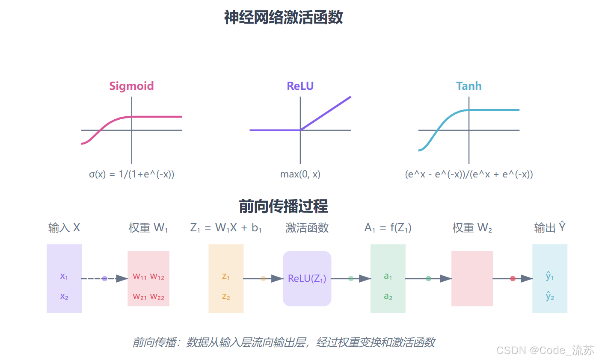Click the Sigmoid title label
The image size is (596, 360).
tap(131, 86)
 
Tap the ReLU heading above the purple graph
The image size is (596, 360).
tap(300, 86)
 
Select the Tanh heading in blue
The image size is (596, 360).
tap(468, 86)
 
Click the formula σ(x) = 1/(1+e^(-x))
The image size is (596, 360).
tap(131, 174)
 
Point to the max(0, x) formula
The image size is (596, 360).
tap(300, 174)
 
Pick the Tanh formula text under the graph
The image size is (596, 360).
tap(469, 174)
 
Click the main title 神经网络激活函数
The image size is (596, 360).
tap(283, 18)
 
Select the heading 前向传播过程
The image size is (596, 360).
tap(283, 206)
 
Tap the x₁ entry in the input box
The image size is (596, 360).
tap(64, 276)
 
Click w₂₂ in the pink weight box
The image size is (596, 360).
tap(157, 296)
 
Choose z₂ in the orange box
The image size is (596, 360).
tap(226, 296)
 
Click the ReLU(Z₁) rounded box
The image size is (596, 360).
tap(307, 279)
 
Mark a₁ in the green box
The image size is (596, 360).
tap(388, 276)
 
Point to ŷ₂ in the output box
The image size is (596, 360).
tap(550, 296)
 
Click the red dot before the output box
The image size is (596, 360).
tap(513, 279)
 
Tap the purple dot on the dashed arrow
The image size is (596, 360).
tap(104, 279)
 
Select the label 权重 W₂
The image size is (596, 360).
tap(472, 228)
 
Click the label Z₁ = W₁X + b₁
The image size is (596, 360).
tap(225, 228)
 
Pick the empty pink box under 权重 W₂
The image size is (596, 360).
tap(472, 279)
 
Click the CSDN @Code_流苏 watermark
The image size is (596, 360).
tap(545, 351)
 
